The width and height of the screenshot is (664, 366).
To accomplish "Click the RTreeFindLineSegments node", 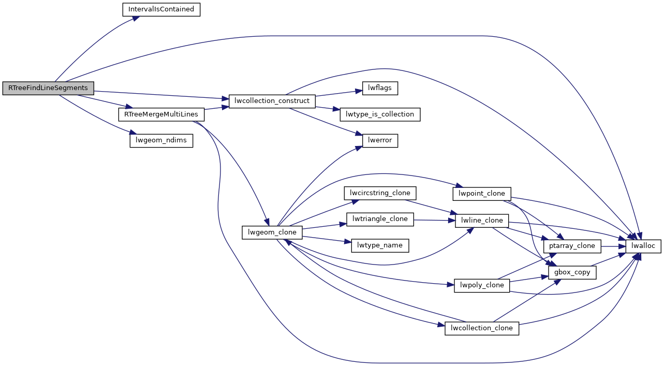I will pyautogui.click(x=48, y=88).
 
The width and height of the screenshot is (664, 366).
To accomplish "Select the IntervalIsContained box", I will pyautogui.click(x=161, y=10).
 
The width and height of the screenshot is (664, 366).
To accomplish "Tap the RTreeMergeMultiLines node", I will pyautogui.click(x=161, y=114).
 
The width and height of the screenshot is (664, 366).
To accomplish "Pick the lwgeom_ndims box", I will pyautogui.click(x=161, y=140).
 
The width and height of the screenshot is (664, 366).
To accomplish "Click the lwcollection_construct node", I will pyautogui.click(x=272, y=100).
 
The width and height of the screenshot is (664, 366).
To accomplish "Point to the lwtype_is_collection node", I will pyautogui.click(x=379, y=114).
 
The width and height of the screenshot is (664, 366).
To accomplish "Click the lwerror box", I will pyautogui.click(x=380, y=140).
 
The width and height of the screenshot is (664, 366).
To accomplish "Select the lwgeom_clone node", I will pyautogui.click(x=272, y=232).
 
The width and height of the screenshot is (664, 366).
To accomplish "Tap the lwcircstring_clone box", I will pyautogui.click(x=380, y=193).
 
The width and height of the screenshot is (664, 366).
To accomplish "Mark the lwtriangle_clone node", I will pyautogui.click(x=380, y=219).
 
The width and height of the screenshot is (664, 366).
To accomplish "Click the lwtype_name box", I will pyautogui.click(x=380, y=245).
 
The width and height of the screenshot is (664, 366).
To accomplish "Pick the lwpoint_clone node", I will pyautogui.click(x=482, y=194).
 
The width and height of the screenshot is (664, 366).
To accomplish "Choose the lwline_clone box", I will pyautogui.click(x=482, y=220).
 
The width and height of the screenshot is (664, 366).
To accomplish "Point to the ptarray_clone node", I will pyautogui.click(x=572, y=245).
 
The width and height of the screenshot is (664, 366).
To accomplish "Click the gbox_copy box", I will pyautogui.click(x=572, y=272).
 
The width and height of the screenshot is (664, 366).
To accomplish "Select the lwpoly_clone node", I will pyautogui.click(x=482, y=285).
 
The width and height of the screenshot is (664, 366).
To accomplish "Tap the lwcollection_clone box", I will pyautogui.click(x=482, y=328).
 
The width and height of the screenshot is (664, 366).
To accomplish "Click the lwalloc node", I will pyautogui.click(x=644, y=246).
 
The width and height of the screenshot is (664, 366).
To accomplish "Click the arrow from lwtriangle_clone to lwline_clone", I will pyautogui.click(x=435, y=220).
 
